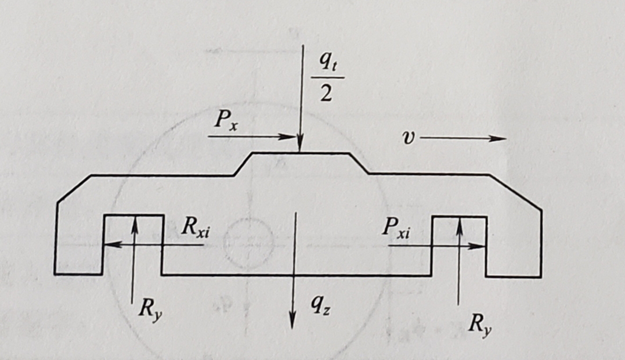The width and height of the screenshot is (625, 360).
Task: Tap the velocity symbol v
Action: [409, 138]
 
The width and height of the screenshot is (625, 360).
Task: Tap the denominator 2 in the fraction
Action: [327, 93]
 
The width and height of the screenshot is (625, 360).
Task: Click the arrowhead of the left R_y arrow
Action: [135, 221]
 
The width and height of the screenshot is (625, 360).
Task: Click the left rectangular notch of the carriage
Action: [133, 244]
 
